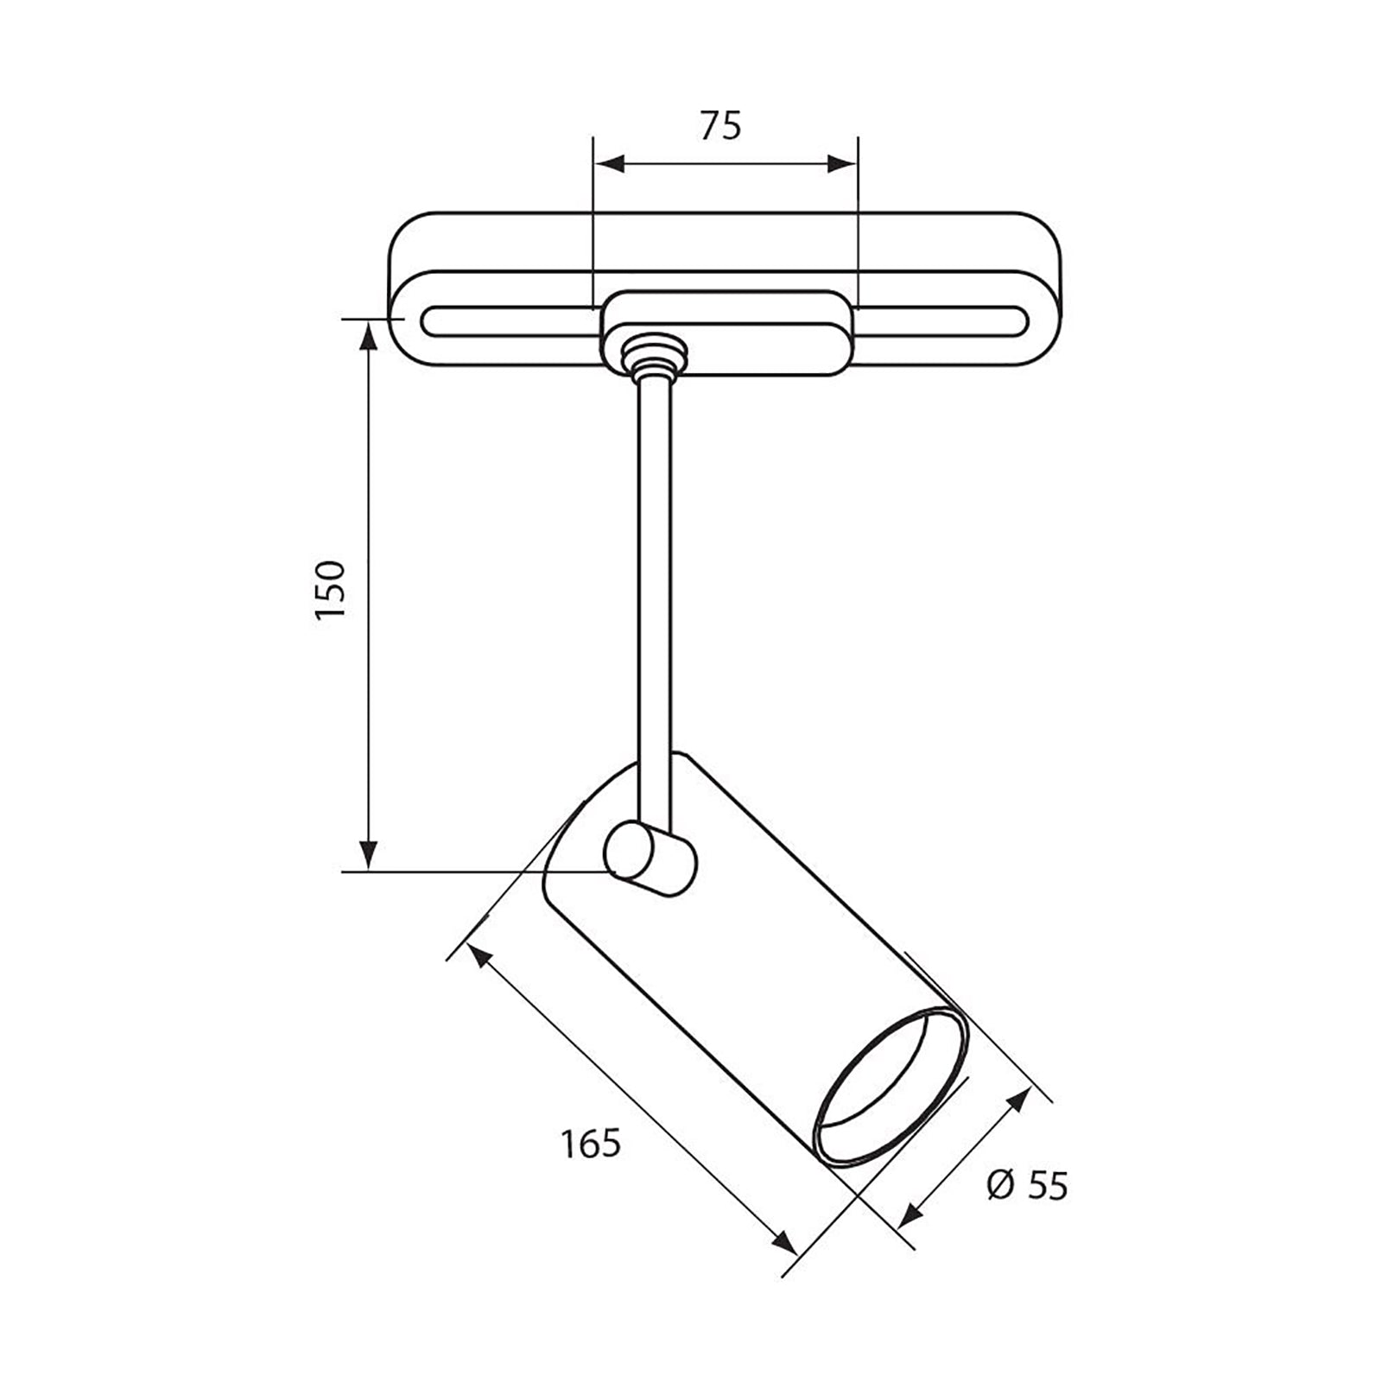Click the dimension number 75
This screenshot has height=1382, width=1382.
point(720,126)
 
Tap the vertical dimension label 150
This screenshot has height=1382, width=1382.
point(331,588)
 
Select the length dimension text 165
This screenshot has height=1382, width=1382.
point(591,1144)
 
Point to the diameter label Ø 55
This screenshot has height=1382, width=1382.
point(1026,1185)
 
